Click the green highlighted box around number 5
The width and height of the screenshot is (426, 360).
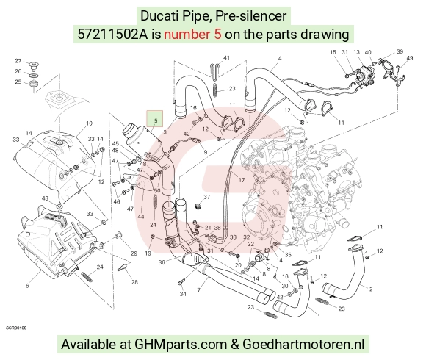[154, 118]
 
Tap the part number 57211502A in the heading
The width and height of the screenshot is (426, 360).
[112, 35]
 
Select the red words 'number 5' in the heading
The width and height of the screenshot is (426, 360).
[192, 35]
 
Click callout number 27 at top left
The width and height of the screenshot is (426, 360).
[18, 61]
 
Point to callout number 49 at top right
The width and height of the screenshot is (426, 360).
[409, 58]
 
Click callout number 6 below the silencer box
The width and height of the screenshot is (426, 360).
[27, 286]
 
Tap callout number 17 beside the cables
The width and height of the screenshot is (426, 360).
[242, 180]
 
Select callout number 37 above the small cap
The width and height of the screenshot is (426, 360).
[206, 197]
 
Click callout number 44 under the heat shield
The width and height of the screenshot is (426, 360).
[141, 217]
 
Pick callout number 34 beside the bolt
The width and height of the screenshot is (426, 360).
[183, 294]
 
